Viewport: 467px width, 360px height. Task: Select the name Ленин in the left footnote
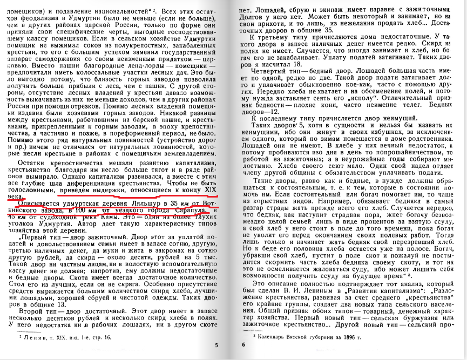(x=31, y=336)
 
